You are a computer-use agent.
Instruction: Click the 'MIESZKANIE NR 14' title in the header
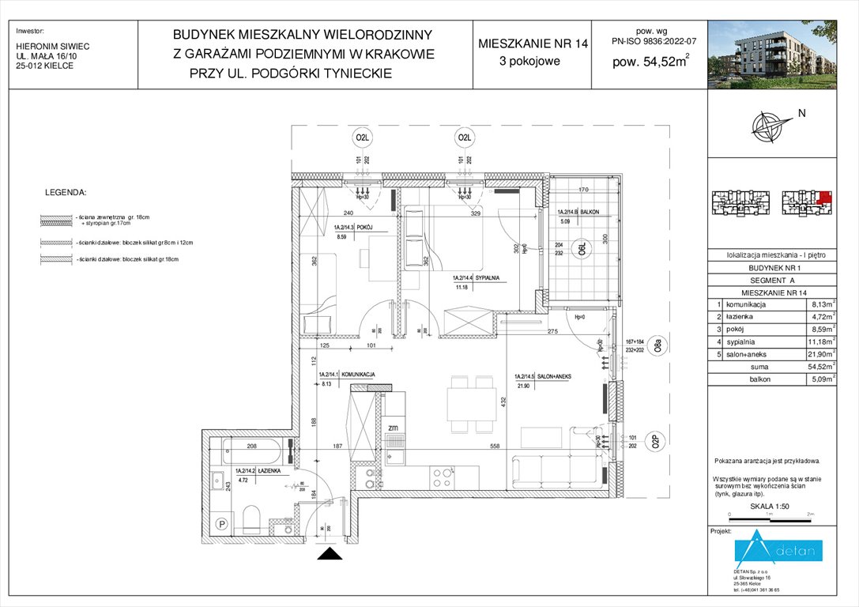[533, 44]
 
